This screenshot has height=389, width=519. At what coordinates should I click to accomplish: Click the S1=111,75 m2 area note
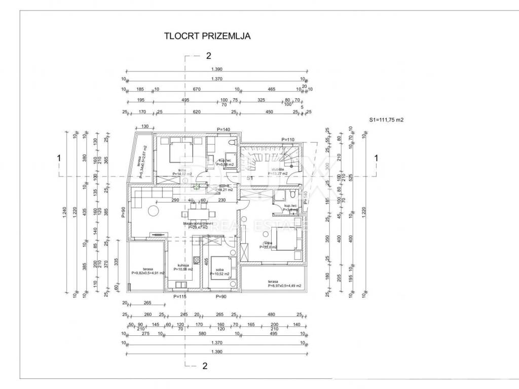386,120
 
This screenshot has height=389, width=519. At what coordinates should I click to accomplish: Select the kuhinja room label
183,265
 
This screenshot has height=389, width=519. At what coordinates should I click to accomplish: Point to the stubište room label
277,170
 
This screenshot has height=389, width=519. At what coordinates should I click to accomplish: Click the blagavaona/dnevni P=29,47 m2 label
197,225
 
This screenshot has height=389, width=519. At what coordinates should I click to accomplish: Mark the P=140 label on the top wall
224,130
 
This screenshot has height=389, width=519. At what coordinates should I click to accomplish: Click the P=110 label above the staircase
288,139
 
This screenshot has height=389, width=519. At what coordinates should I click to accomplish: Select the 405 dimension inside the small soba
206,262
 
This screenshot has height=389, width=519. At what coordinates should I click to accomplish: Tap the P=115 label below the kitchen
180,296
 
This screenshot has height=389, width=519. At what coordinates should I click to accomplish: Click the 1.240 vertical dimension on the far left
64,214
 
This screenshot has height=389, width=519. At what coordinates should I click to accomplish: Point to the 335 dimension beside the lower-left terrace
116,261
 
